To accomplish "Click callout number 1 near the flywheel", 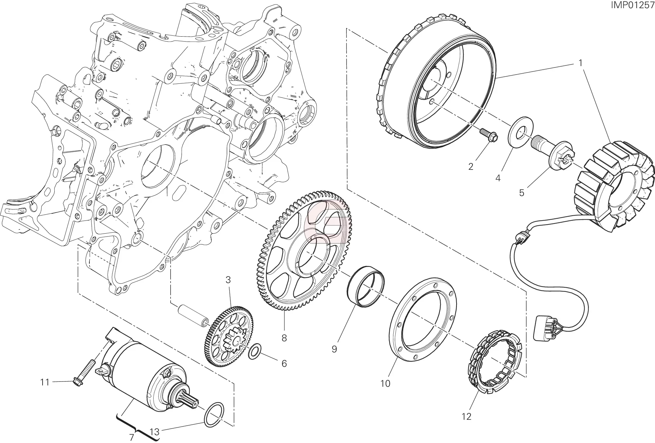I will (581, 63).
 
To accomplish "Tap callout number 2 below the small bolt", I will (471, 167).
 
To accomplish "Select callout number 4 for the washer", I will (498, 178).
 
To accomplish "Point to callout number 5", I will (522, 193).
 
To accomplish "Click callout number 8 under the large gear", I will (284, 338).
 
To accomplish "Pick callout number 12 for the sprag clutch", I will (466, 416).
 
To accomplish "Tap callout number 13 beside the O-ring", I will (154, 432).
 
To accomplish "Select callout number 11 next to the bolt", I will (45, 382).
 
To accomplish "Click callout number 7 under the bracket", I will (132, 437).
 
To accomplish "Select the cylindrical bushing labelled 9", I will (366, 287).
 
